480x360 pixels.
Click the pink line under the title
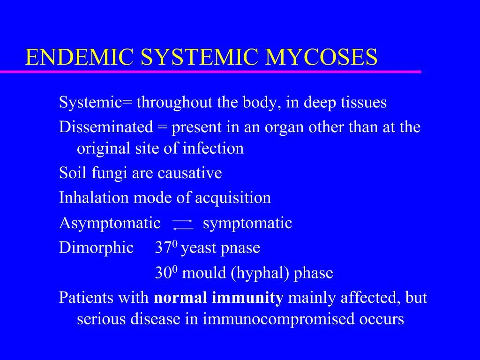(x=211, y=72)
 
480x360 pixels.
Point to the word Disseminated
(x=106, y=127)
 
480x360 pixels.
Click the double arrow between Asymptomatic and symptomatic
(x=182, y=224)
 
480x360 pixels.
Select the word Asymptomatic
(x=110, y=223)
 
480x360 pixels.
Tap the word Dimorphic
(x=96, y=248)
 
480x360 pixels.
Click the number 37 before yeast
(x=163, y=248)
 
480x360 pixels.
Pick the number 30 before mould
(x=163, y=273)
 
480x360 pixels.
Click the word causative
(x=190, y=173)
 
